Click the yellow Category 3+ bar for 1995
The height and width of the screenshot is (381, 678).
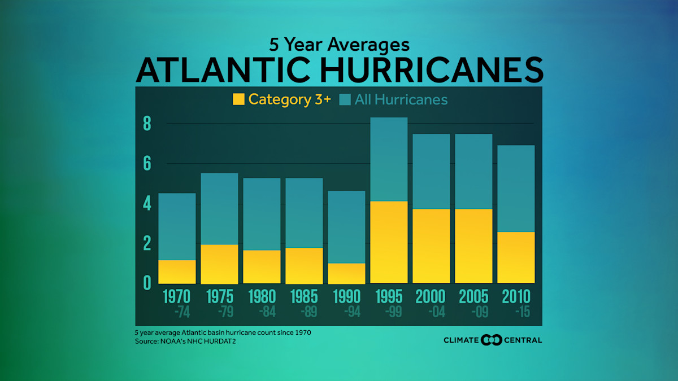pos(389,242)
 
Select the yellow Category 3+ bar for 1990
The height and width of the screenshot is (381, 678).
pos(346,273)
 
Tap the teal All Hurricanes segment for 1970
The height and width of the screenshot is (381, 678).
pos(177,226)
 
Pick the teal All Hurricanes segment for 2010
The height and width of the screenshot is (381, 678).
pos(516,189)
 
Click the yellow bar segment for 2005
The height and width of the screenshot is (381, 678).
pos(473,246)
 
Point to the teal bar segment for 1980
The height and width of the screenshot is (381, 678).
pos(262,214)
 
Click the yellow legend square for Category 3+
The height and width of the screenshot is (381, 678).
pos(238,100)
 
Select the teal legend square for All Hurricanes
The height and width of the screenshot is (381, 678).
pos(345,100)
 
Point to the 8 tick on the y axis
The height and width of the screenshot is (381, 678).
pos(147,124)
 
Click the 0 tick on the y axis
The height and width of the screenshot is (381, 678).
pos(147,283)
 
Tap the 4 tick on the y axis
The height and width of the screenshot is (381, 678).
pos(147,203)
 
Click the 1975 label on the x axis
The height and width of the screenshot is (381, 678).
pos(219,296)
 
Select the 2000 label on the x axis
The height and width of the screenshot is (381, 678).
pos(431,296)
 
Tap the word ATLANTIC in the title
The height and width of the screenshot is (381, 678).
pos(223,69)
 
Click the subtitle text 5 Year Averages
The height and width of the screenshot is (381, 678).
pos(339,44)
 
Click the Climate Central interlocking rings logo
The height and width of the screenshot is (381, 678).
pos(491,340)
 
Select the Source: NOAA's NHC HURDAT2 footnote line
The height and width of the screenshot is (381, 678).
pos(185,341)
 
